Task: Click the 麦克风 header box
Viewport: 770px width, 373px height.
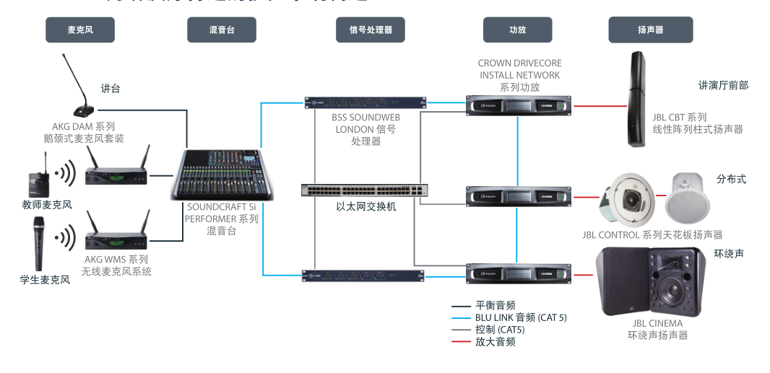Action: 80,30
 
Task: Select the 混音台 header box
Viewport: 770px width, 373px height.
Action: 222,30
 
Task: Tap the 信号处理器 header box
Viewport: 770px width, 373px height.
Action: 371,30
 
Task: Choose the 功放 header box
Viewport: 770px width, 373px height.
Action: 517,30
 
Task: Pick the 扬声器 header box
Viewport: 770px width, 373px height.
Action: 651,30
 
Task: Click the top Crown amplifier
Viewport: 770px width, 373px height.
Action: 518,105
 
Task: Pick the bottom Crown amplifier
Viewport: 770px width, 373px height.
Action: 518,273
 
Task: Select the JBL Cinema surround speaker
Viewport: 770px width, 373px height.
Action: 651,281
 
